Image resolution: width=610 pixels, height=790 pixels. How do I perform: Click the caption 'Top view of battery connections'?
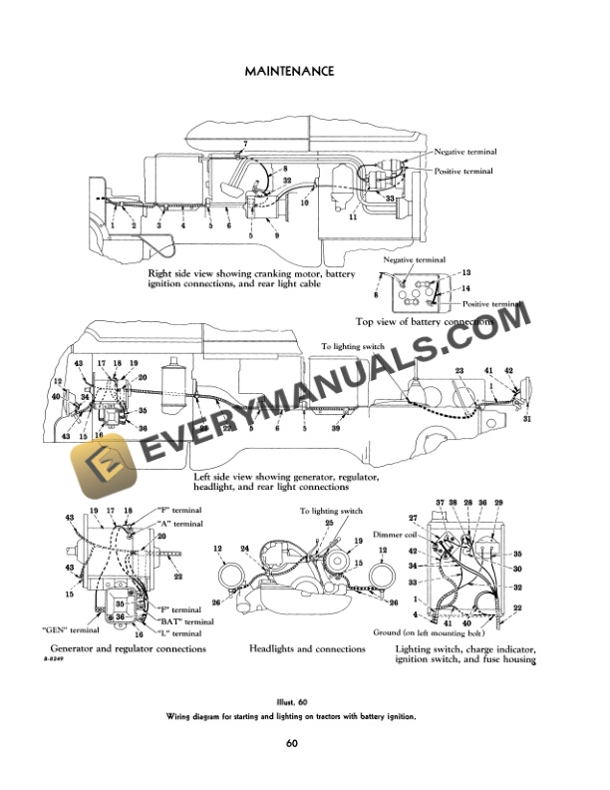424,322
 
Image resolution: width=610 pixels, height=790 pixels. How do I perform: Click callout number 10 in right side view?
306,201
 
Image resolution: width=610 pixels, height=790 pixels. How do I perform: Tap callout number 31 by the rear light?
526,419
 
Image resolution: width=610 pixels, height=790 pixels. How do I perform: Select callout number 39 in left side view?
338,428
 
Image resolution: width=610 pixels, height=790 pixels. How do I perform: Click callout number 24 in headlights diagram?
244,548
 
